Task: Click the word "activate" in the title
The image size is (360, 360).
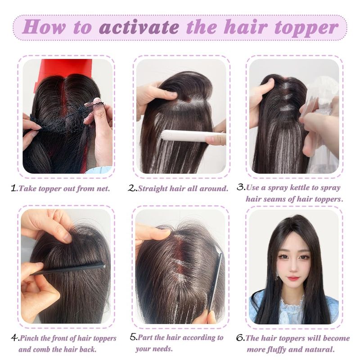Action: [x=139, y=27]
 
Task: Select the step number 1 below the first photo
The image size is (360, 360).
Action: [x=14, y=188]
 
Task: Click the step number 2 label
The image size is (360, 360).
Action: [x=132, y=188]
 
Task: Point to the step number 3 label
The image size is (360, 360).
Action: [x=241, y=187]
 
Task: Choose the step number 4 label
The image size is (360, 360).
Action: [x=15, y=338]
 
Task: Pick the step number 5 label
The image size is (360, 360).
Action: [x=134, y=337]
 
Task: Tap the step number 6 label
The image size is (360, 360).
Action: [x=241, y=338]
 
